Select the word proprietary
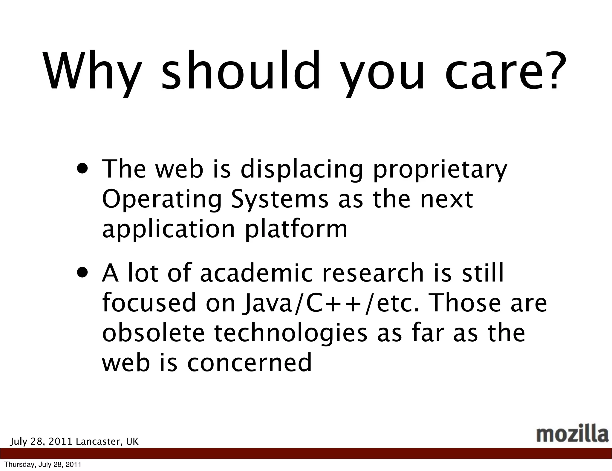coord(440,170)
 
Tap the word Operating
coord(162,200)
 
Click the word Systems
coord(280,200)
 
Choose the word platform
coord(296,230)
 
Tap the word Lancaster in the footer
coord(99,441)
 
